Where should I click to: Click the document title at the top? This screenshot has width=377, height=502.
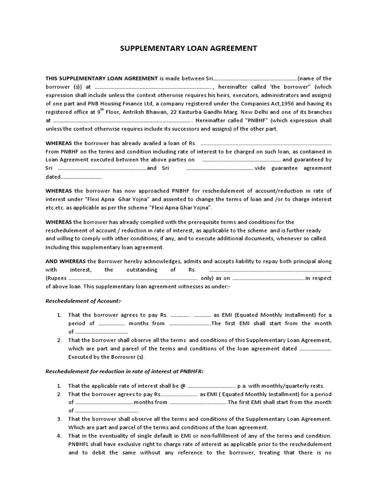coord(188,49)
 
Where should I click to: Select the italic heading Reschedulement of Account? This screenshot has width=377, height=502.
coord(83,301)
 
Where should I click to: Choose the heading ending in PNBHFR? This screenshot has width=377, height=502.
coord(124,372)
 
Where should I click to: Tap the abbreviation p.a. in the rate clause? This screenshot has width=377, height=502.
coord(245,386)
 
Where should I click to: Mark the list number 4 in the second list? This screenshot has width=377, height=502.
coord(59,436)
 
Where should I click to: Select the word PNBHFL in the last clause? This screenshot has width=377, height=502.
coord(79,444)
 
